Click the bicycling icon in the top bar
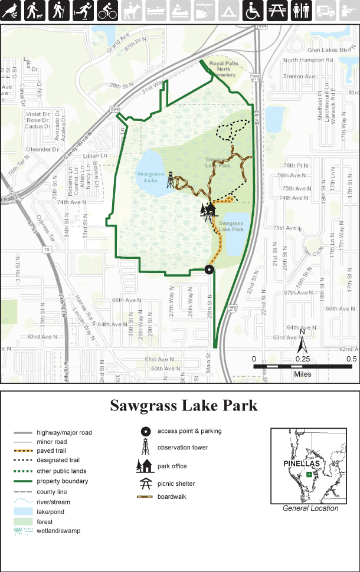[107, 11]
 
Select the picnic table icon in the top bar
[277, 11]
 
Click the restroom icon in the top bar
[301, 11]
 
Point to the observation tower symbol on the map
[171, 179]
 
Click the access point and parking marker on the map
[209, 269]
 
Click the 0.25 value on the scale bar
[302, 359]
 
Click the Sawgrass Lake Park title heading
[184, 406]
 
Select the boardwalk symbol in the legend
[145, 497]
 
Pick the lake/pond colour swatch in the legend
[22, 511]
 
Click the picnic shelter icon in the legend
[145, 484]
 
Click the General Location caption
[310, 508]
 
